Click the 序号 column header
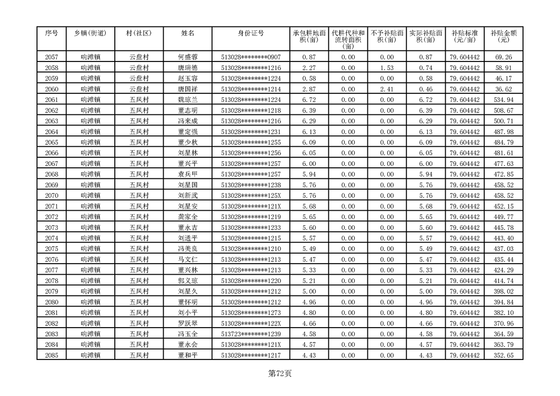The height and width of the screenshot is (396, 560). tap(51, 33)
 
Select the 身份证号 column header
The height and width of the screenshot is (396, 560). tap(251, 33)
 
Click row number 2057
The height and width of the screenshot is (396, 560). tap(51, 57)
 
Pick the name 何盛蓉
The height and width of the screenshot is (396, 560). tap(188, 57)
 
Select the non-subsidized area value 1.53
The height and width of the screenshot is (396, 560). tap(387, 68)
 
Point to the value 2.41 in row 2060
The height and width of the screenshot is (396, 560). tap(387, 89)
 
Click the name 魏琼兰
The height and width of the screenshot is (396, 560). tap(188, 100)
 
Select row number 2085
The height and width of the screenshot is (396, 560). tap(51, 356)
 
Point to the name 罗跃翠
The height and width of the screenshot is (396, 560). tap(188, 324)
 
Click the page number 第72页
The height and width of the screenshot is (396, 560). tap(280, 374)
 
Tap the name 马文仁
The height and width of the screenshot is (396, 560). tap(188, 260)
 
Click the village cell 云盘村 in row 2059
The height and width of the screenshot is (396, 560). tap(139, 79)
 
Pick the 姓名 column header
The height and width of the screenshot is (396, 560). tap(188, 33)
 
